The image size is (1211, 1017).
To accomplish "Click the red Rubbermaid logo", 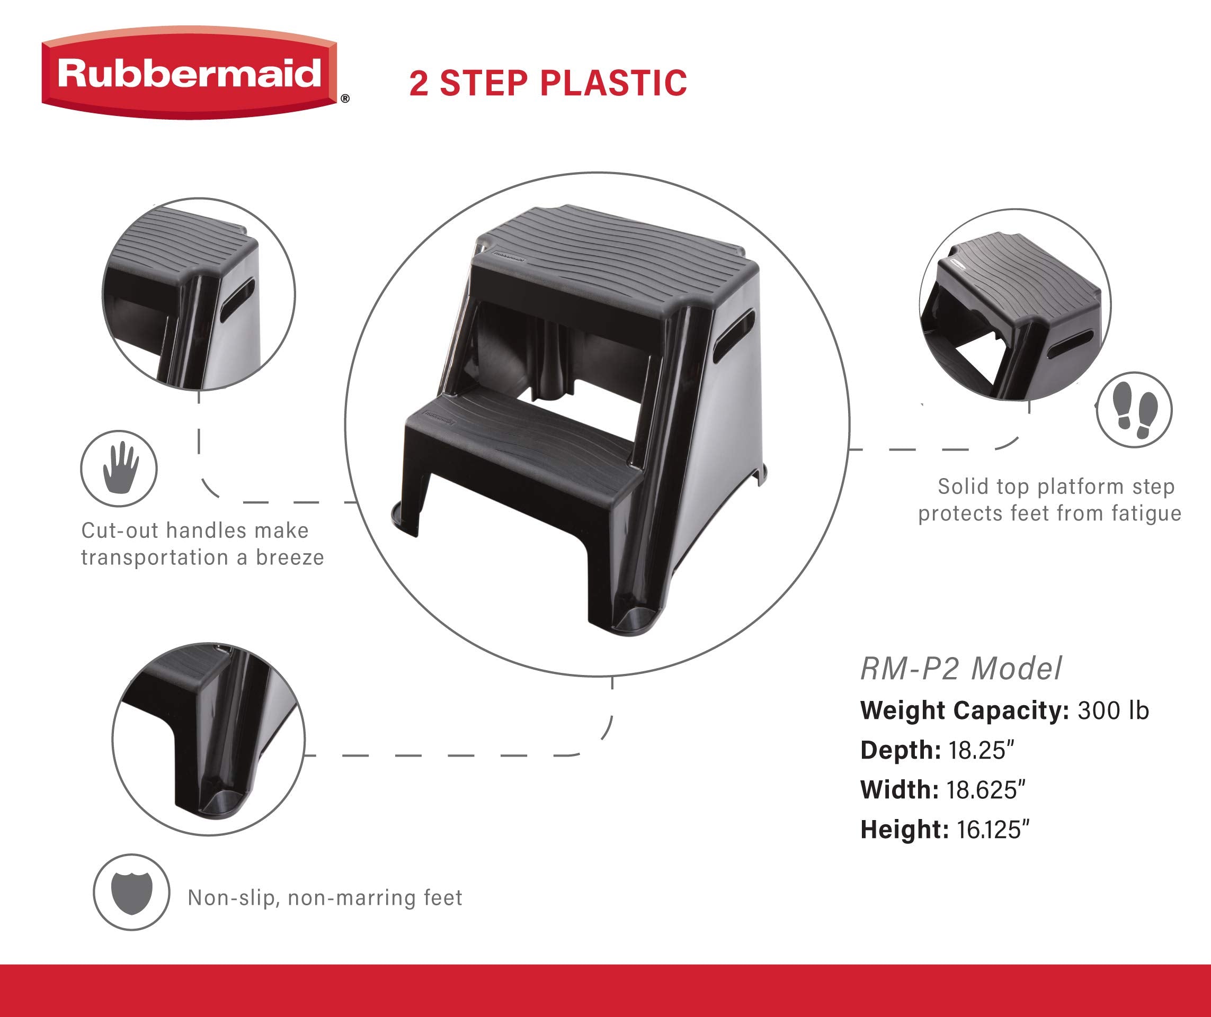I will tap(189, 74).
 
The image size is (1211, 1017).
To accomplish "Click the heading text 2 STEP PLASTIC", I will tap(548, 83).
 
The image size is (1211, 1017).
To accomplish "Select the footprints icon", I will tap(1134, 410).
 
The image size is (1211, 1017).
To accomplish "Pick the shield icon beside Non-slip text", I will tap(131, 892).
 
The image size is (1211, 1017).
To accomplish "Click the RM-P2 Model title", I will tap(960, 669).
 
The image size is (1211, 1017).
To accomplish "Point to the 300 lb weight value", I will tap(1113, 710).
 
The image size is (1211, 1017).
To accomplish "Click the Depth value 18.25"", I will tap(981, 750).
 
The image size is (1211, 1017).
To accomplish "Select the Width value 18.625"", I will tap(986, 790).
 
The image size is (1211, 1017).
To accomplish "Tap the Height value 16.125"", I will tap(992, 830).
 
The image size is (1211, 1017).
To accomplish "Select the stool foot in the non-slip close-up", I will tap(225, 802).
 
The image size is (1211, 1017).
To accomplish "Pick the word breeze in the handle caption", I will tap(290, 557).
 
